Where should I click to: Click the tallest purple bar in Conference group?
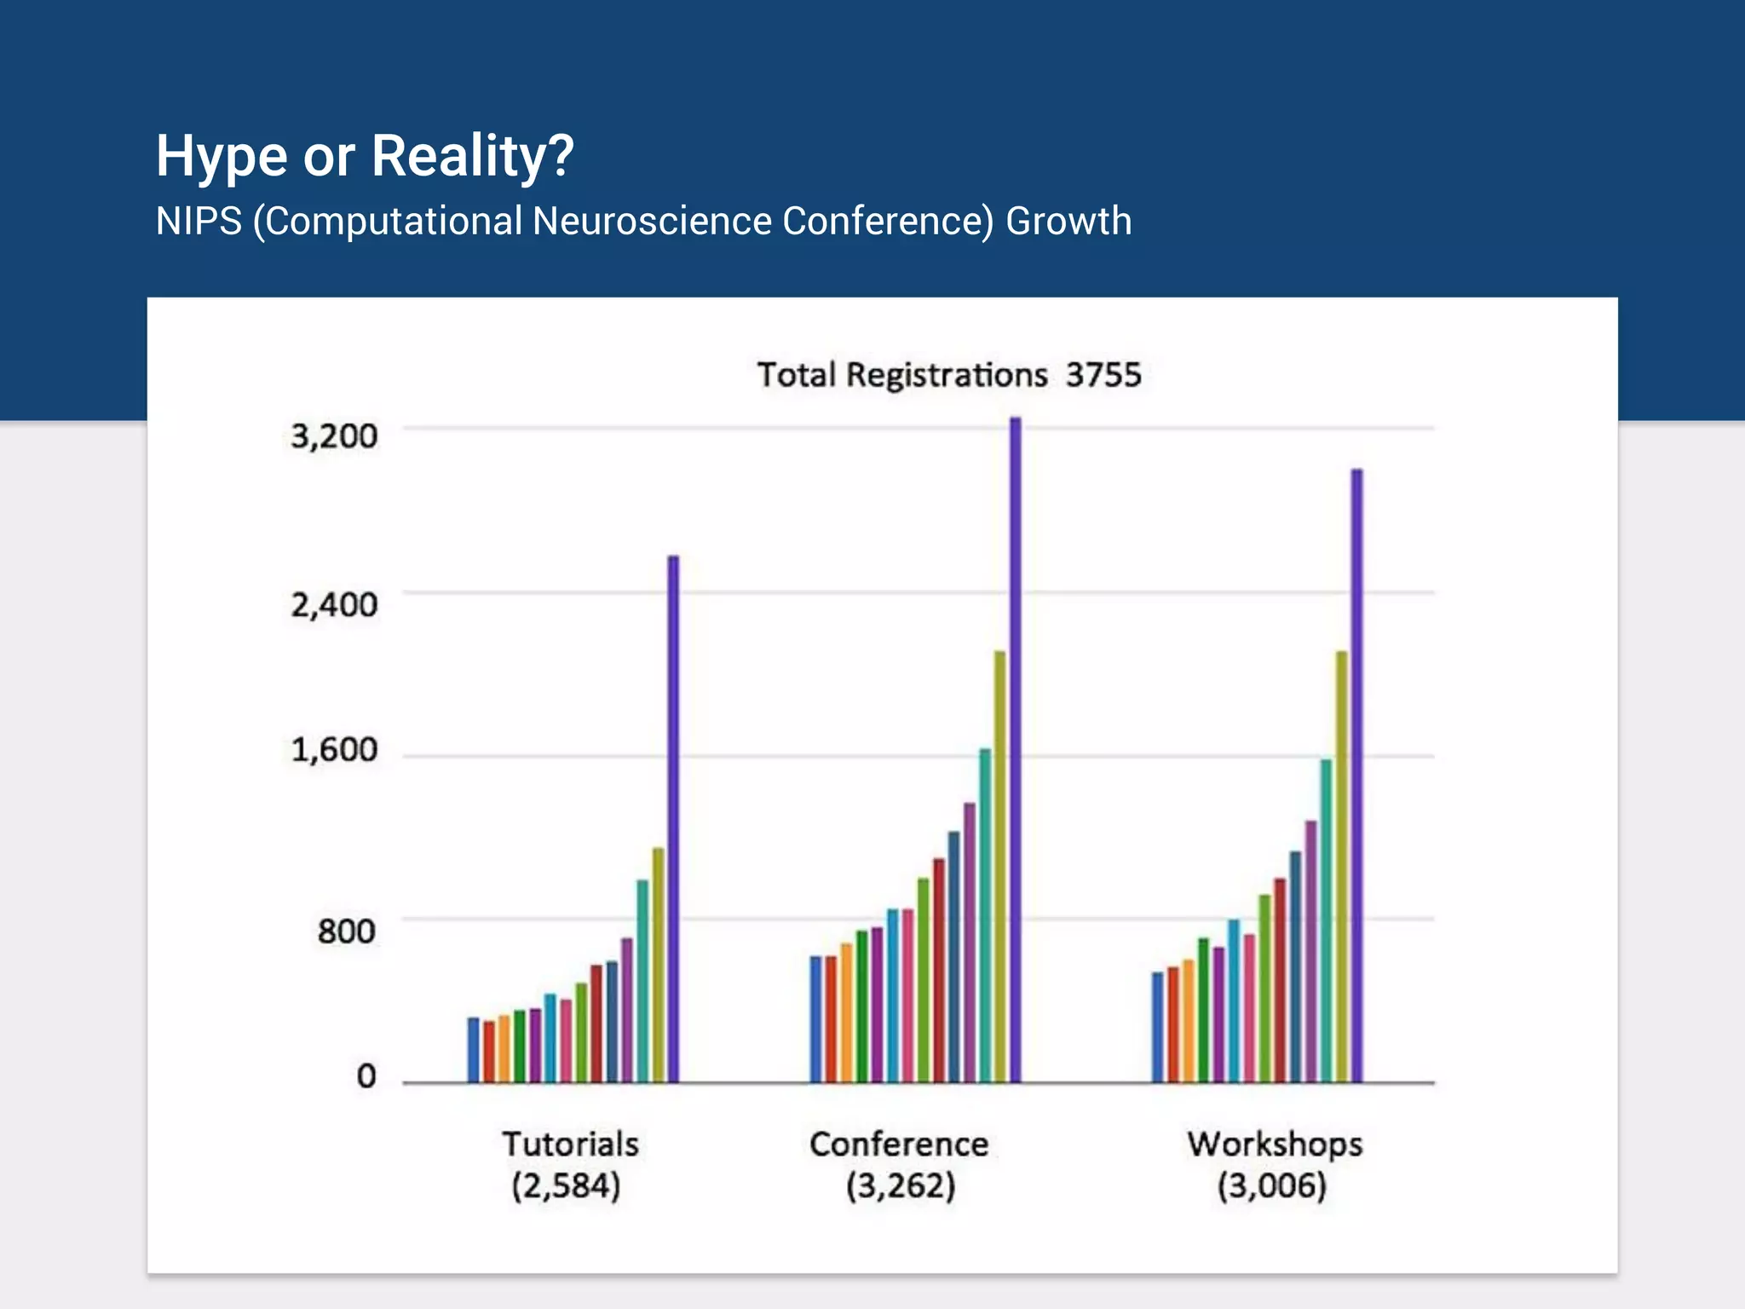[1016, 750]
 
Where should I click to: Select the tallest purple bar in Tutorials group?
[673, 818]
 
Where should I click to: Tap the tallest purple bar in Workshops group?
[1357, 776]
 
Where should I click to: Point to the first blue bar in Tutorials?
[474, 1050]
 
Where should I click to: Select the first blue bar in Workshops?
[1157, 1027]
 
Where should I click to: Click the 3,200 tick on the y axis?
[334, 436]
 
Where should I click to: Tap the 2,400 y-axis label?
[334, 605]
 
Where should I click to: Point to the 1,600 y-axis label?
[334, 750]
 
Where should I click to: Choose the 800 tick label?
[346, 931]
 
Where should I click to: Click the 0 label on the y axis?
[366, 1076]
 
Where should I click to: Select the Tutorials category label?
[570, 1145]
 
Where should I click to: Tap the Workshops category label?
[1275, 1145]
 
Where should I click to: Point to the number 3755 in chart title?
[1103, 375]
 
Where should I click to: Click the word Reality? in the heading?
[473, 157]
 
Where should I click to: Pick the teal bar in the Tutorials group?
[642, 980]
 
